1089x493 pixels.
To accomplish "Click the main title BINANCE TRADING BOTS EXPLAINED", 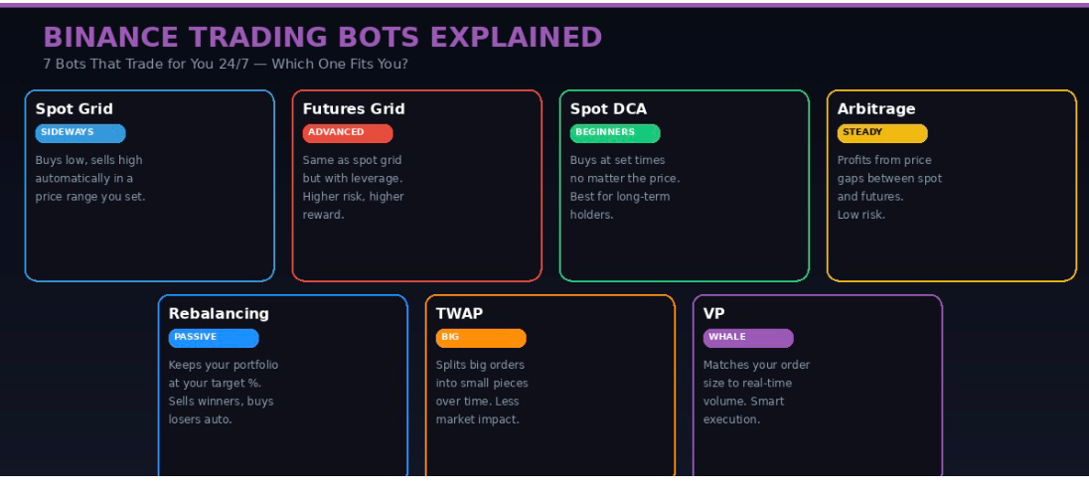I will tap(323, 38).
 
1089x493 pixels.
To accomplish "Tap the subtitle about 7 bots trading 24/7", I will tap(226, 65).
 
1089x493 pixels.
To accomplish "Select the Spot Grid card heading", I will tap(75, 108).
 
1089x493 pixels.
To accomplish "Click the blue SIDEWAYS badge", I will tap(80, 132).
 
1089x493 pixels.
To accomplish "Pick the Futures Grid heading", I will tap(354, 108).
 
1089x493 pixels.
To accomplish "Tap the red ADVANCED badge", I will tap(348, 132).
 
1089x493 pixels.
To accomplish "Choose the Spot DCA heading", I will tap(608, 108).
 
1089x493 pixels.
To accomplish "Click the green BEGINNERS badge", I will tap(615, 132).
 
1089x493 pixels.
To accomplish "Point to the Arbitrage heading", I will tap(876, 108).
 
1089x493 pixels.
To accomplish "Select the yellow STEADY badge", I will tap(882, 132).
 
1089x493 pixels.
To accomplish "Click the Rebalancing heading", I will tap(219, 313).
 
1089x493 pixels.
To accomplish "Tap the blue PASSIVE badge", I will tap(214, 337).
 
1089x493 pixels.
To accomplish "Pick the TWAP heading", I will tap(459, 313).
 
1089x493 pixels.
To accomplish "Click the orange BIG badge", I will tap(481, 337).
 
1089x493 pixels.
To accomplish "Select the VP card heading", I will tap(713, 313).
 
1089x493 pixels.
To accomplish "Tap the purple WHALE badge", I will tap(748, 337).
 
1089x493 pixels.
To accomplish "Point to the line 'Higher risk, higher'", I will tap(353, 197).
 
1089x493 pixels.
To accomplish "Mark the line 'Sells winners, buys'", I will tap(221, 402).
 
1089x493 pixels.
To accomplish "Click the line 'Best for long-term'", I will tap(620, 197).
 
